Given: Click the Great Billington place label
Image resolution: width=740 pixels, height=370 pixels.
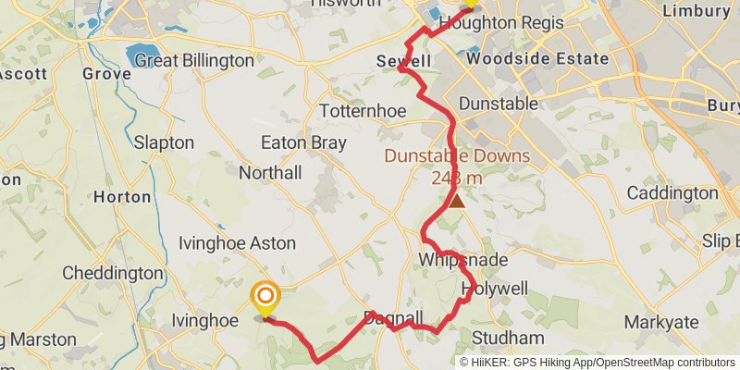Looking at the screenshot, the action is [x=194, y=60].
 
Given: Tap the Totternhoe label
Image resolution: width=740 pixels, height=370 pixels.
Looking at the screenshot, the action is [x=358, y=111].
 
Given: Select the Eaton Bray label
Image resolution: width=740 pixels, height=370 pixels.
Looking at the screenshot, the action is [x=303, y=143].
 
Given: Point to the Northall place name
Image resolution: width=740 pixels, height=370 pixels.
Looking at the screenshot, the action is [x=270, y=173].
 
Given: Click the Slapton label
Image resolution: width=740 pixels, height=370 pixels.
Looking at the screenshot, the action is [x=164, y=143].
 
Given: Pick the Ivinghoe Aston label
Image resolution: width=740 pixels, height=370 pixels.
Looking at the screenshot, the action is [x=237, y=243].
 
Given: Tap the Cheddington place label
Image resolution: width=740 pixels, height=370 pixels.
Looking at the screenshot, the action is [x=112, y=274].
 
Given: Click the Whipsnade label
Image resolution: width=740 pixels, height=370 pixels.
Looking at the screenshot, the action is [x=463, y=260].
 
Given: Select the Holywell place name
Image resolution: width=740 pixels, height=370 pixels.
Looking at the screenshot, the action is [x=495, y=290].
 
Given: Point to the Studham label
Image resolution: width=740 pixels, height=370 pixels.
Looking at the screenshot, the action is [x=508, y=337].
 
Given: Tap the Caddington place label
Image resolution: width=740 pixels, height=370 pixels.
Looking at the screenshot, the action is [x=672, y=193].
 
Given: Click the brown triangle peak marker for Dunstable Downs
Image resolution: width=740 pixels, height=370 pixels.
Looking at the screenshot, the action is [x=456, y=197].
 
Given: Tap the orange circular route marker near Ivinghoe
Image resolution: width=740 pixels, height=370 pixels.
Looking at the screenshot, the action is [x=265, y=297].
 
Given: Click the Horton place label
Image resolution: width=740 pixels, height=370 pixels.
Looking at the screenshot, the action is [x=122, y=197].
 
